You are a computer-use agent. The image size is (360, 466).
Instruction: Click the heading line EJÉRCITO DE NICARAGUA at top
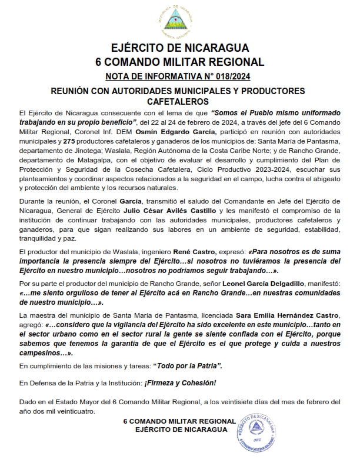coord(180,48)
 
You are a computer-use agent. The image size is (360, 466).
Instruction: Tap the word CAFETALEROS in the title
coord(180,101)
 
